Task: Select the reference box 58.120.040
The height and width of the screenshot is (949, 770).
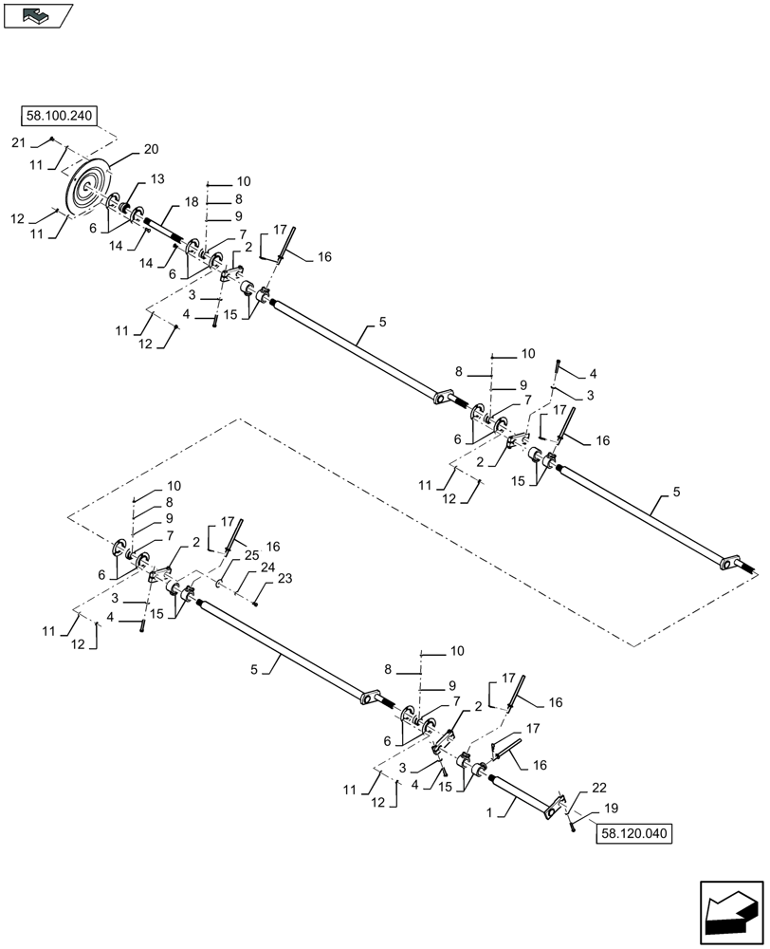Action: point(633,834)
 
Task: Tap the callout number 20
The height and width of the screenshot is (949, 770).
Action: point(152,149)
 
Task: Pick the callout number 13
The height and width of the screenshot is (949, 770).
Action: point(156,179)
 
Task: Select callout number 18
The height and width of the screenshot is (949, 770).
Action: point(191,203)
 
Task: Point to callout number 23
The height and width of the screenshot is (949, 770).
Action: point(285,577)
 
